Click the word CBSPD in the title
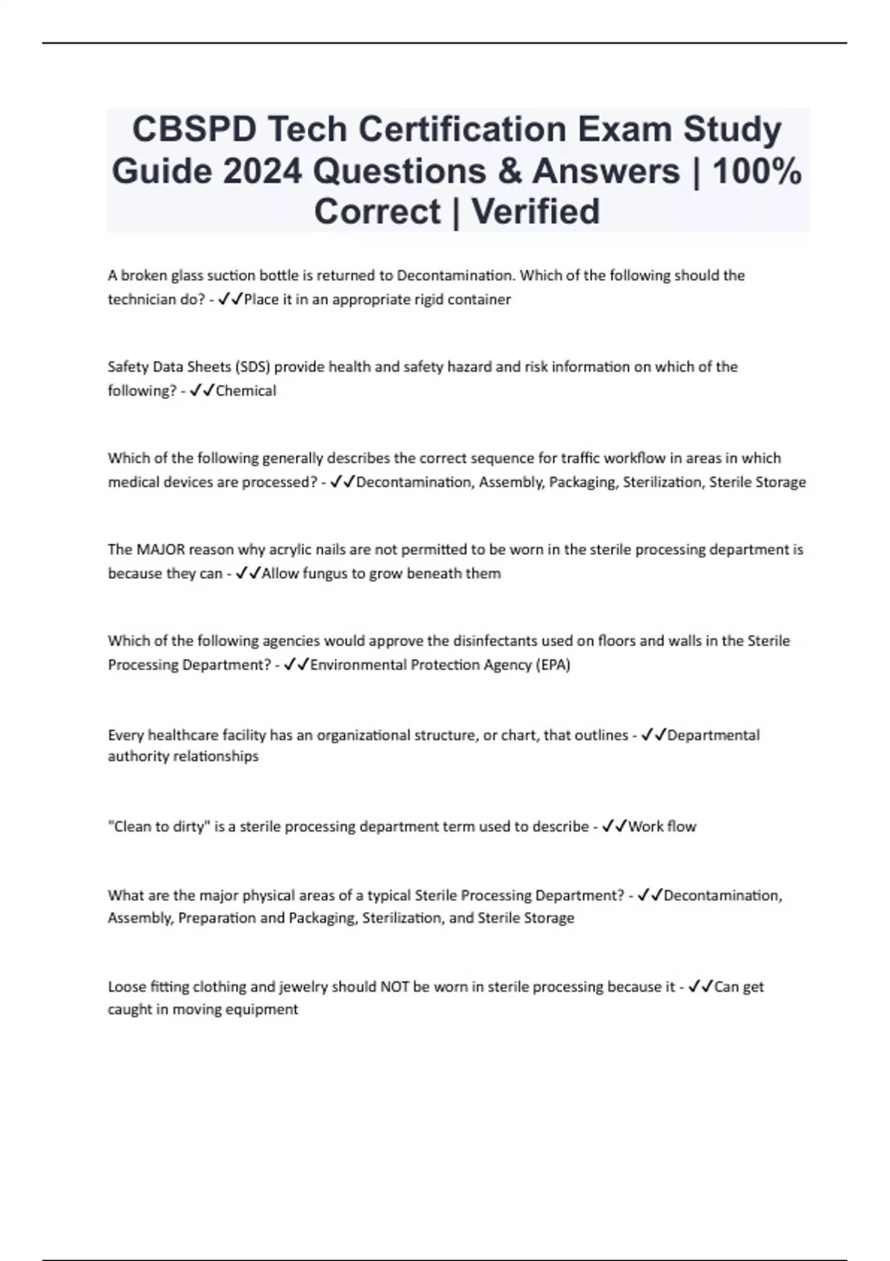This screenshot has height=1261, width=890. coord(194,130)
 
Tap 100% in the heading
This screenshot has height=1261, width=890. coord(757,171)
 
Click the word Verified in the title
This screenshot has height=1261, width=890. coord(535,212)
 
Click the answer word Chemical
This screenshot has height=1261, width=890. coord(245,391)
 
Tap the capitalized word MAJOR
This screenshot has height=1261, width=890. coord(156,550)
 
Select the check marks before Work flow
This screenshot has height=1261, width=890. coord(614,826)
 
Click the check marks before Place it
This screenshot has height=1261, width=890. coord(230,300)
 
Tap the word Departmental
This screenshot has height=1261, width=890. coord(713,735)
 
